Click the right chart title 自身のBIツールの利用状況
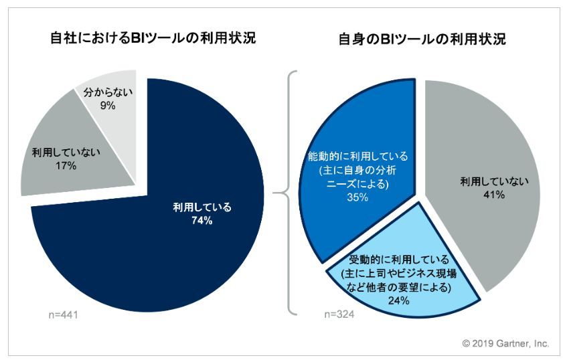click(x=421, y=39)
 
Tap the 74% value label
click(x=202, y=221)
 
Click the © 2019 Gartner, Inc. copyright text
click(x=505, y=343)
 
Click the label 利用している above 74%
click(x=202, y=207)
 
